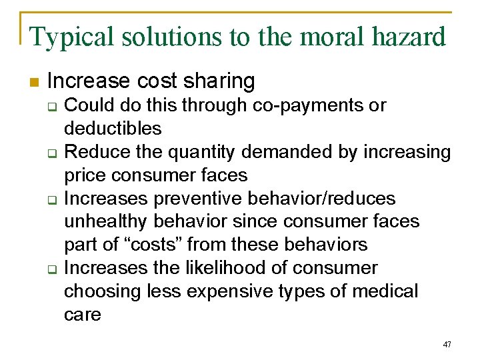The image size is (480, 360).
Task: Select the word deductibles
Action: coord(113,128)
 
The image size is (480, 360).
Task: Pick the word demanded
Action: coord(291,152)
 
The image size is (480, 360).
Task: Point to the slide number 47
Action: coord(447,345)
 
